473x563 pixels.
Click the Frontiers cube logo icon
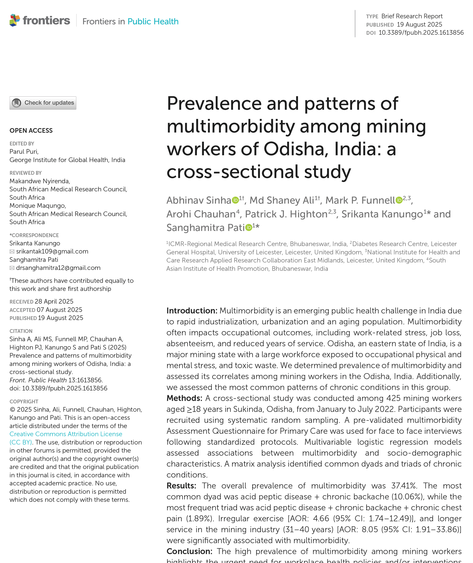[15, 20]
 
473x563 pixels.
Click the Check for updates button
[43, 103]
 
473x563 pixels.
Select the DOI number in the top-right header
[421, 33]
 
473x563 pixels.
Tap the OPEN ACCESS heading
[31, 131]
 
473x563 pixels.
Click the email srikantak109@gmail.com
[52, 252]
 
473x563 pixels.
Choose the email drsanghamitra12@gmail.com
[58, 268]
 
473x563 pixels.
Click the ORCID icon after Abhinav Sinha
[235, 200]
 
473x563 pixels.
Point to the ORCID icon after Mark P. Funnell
[399, 200]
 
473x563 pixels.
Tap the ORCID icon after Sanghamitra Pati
[249, 227]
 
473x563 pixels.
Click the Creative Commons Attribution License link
[66, 434]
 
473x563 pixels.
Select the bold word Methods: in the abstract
[184, 398]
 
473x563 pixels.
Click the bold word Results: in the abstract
[181, 486]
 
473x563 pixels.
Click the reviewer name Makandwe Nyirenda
[40, 181]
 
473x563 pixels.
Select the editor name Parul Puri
[24, 152]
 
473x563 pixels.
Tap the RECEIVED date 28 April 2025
[54, 302]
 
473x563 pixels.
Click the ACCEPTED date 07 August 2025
[59, 310]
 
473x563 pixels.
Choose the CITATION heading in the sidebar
[21, 331]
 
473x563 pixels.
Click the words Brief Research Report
[412, 16]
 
